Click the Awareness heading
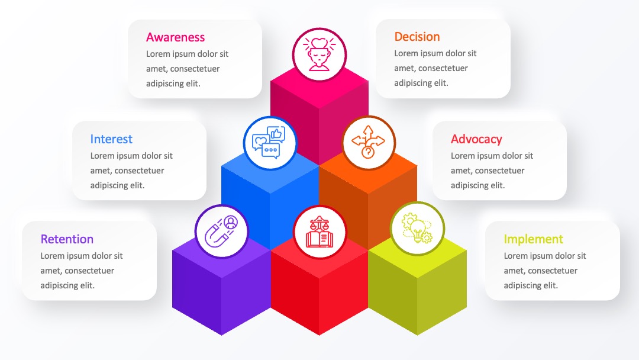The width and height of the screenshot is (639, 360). [x=175, y=37]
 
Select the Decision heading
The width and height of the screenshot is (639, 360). [x=417, y=37]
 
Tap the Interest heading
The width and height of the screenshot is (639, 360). [x=111, y=139]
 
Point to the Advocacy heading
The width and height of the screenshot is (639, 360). [x=476, y=139]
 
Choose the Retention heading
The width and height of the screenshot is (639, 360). [x=67, y=239]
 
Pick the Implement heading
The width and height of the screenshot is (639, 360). [x=534, y=239]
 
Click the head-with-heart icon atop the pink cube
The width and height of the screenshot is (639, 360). [x=319, y=54]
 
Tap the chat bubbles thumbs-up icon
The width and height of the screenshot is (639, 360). [x=269, y=142]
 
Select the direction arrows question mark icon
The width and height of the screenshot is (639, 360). [x=368, y=142]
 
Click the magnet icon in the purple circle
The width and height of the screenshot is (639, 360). [x=221, y=231]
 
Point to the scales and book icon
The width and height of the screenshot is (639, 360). [x=319, y=232]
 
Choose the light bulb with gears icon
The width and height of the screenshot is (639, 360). [x=417, y=229]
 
